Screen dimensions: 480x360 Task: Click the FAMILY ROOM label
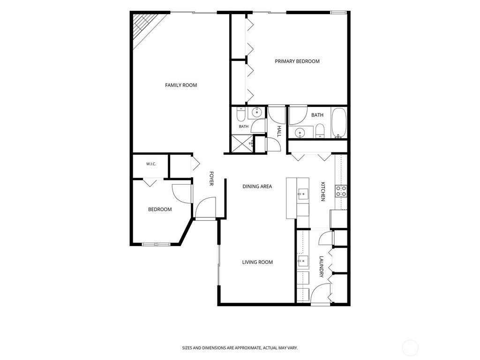(x=181, y=85)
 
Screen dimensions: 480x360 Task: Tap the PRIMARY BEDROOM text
(x=297, y=61)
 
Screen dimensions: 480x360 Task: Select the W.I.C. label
(x=151, y=164)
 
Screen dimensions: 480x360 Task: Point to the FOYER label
(x=211, y=178)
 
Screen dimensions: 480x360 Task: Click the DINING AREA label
(x=257, y=187)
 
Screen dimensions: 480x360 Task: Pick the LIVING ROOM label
(x=257, y=262)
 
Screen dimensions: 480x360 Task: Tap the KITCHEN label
(x=322, y=192)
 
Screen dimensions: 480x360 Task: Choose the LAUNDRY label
(x=322, y=267)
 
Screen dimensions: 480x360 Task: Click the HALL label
(x=279, y=131)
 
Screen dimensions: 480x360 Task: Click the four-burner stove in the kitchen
(x=341, y=191)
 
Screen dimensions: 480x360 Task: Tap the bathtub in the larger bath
(x=339, y=123)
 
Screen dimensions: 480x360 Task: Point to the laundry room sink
(x=303, y=261)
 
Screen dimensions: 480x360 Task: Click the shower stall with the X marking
(x=243, y=143)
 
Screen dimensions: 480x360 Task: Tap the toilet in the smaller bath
(x=240, y=114)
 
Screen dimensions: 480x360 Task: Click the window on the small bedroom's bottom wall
(x=156, y=244)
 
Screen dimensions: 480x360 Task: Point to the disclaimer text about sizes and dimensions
(x=240, y=348)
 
